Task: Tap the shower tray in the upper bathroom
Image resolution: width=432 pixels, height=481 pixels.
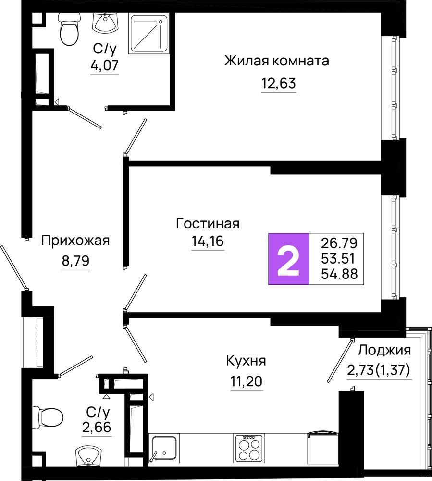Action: (149, 34)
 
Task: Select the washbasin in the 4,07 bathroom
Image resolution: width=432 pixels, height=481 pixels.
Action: (105, 23)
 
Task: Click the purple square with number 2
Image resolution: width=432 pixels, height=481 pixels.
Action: (289, 259)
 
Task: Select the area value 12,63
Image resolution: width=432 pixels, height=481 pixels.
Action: (279, 83)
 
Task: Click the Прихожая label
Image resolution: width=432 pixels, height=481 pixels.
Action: (75, 240)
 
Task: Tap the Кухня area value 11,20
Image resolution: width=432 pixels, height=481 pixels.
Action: (247, 381)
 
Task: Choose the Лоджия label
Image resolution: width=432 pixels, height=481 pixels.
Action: (384, 350)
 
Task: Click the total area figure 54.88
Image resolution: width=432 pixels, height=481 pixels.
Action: (339, 274)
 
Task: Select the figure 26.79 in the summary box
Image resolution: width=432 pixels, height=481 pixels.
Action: (339, 243)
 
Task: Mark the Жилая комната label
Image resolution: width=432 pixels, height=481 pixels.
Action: (277, 61)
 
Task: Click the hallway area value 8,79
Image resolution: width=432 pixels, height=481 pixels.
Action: (75, 261)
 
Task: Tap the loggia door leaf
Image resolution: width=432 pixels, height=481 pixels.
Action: (340, 360)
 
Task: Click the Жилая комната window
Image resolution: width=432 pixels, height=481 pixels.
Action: (395, 88)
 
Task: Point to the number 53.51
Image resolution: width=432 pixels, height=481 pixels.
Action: (338, 259)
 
